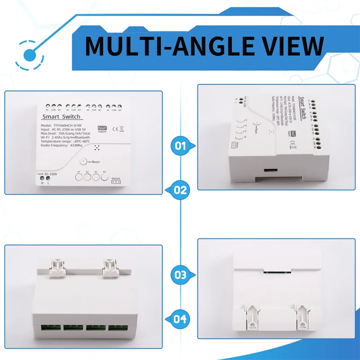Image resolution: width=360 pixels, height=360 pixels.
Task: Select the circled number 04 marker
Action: [x=180, y=319]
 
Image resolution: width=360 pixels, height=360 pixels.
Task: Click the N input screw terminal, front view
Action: [x=42, y=178]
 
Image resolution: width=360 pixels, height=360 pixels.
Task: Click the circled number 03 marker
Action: [x=180, y=274]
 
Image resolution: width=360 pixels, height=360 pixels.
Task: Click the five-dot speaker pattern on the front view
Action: [x=97, y=148]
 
